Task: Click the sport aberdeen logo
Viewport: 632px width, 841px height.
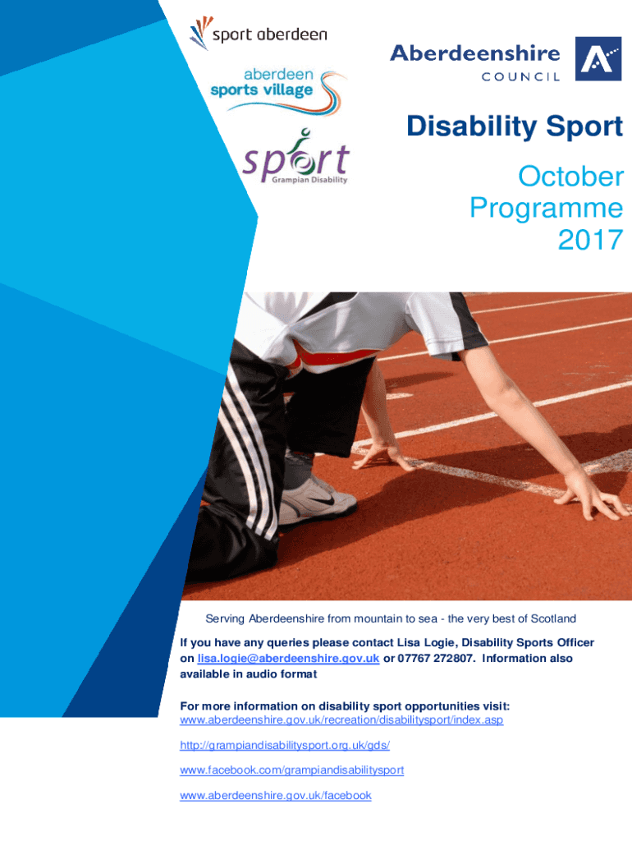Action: (259, 33)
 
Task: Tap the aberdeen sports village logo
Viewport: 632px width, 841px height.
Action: (278, 90)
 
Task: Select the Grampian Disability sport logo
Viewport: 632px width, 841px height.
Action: (295, 157)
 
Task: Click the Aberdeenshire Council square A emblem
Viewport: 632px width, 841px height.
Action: (598, 58)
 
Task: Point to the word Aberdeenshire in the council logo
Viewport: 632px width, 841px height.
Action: (475, 53)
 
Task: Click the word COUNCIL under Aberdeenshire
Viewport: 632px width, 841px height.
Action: (520, 76)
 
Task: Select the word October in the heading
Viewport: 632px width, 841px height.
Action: (571, 177)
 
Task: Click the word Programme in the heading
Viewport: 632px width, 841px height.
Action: (547, 208)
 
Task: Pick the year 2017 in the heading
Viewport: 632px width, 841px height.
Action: (591, 240)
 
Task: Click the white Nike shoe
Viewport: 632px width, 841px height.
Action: (318, 501)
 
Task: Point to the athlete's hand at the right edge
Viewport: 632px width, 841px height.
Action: (593, 495)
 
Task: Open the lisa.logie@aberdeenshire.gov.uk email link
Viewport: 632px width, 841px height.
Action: (288, 658)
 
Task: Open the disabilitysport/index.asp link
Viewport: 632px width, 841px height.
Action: (341, 719)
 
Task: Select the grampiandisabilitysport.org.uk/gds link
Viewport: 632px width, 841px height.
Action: (285, 745)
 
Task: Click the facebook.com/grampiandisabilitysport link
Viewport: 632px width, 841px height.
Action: (291, 770)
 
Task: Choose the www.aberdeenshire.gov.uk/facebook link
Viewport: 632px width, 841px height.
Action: (276, 795)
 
